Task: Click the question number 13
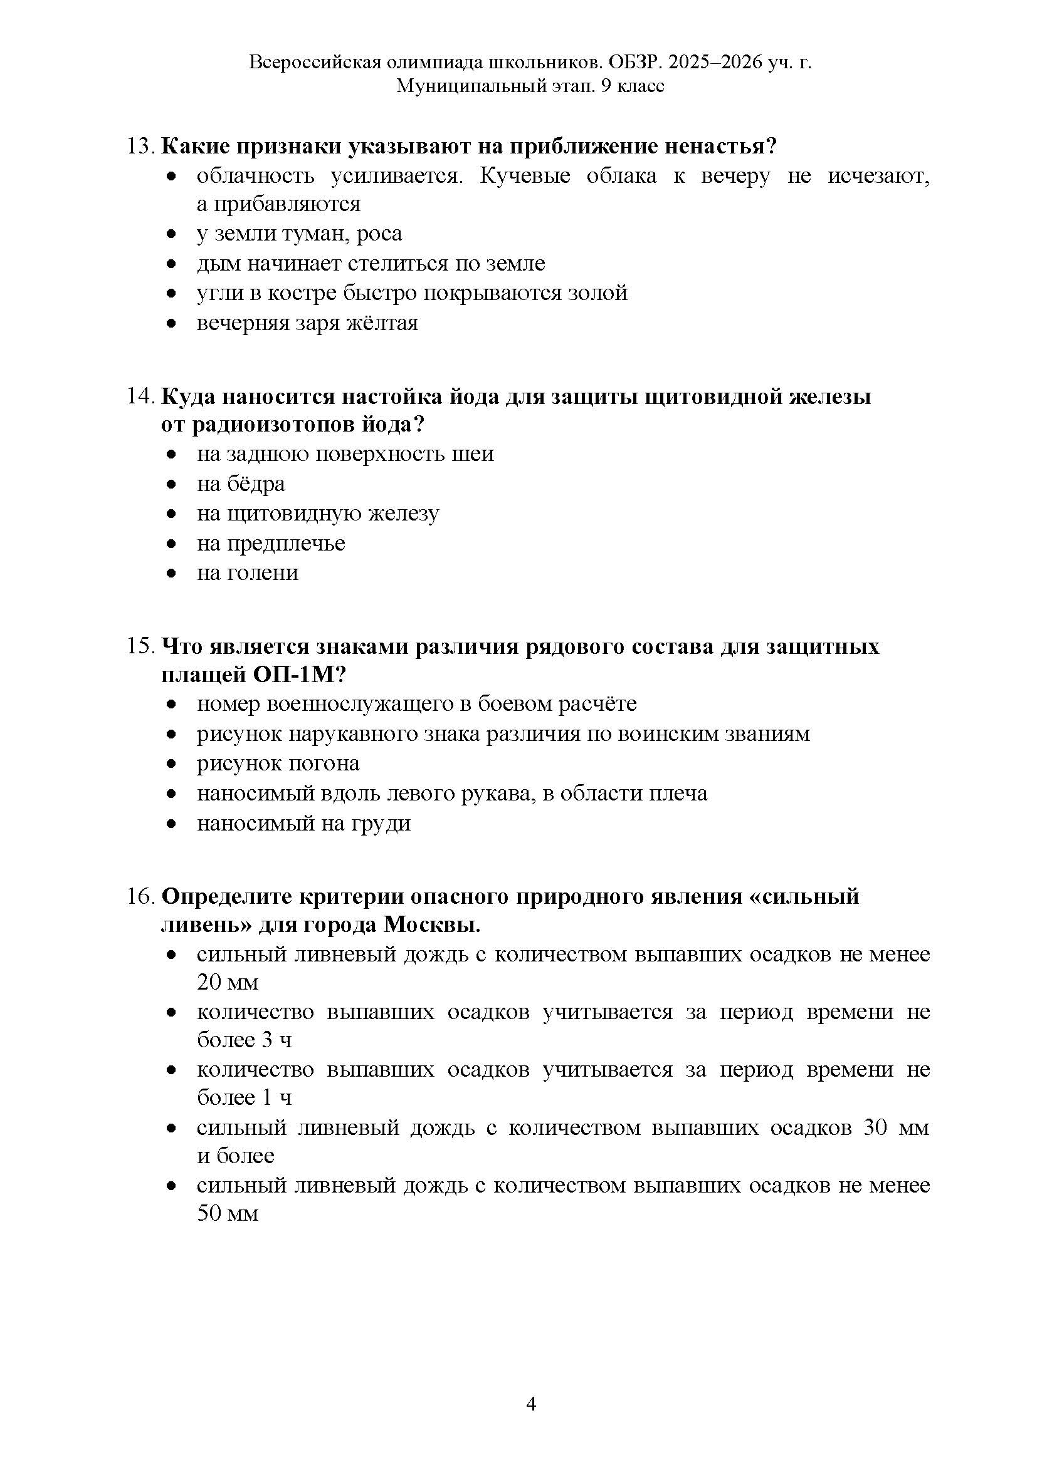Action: (140, 147)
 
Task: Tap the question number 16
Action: (140, 897)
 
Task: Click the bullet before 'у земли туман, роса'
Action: (171, 235)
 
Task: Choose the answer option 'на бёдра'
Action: (241, 484)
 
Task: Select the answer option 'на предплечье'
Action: (271, 544)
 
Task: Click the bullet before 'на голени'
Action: (171, 574)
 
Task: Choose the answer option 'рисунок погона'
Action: (278, 764)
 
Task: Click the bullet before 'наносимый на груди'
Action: (171, 824)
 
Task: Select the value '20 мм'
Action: (228, 983)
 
